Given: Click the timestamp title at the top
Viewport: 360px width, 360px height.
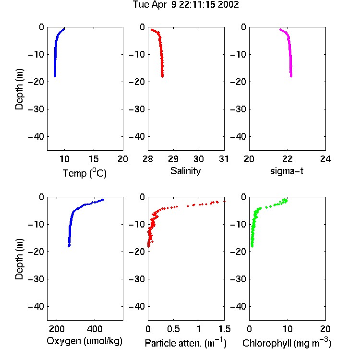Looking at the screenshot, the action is (186, 5).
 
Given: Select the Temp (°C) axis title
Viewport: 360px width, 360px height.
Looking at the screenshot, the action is (84, 173).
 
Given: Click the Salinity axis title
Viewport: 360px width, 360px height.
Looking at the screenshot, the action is (185, 171).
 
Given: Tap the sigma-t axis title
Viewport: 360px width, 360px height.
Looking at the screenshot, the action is (287, 171).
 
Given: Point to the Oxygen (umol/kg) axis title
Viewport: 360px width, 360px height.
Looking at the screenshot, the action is (84, 341).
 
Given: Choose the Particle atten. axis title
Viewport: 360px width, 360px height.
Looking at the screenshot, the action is (186, 343).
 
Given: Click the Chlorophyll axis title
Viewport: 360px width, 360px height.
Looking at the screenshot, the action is (287, 343).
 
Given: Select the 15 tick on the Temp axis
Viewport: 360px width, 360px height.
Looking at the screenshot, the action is (94, 159).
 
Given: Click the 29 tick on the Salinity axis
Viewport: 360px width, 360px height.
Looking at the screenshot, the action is (173, 159).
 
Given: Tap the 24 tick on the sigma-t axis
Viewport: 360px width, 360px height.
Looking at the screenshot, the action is (325, 159).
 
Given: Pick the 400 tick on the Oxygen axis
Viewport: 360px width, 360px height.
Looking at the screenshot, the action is (95, 329).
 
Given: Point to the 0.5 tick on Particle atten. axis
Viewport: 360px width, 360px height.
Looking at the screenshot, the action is (173, 329).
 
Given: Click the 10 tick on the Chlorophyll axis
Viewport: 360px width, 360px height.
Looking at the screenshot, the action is (288, 329).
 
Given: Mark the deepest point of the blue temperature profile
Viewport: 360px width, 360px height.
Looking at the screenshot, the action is (55, 76).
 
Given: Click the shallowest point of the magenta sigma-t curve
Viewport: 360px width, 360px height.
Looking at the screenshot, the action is (280, 30).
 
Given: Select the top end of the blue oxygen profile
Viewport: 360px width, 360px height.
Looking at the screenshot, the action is (103, 200).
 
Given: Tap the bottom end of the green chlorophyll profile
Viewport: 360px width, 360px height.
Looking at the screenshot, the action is (252, 246).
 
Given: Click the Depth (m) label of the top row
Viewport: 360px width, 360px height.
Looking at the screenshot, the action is (19, 89).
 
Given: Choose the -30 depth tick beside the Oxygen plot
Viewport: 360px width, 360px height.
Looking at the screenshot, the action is (36, 279).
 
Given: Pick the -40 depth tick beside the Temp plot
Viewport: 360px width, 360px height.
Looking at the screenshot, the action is (36, 137).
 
